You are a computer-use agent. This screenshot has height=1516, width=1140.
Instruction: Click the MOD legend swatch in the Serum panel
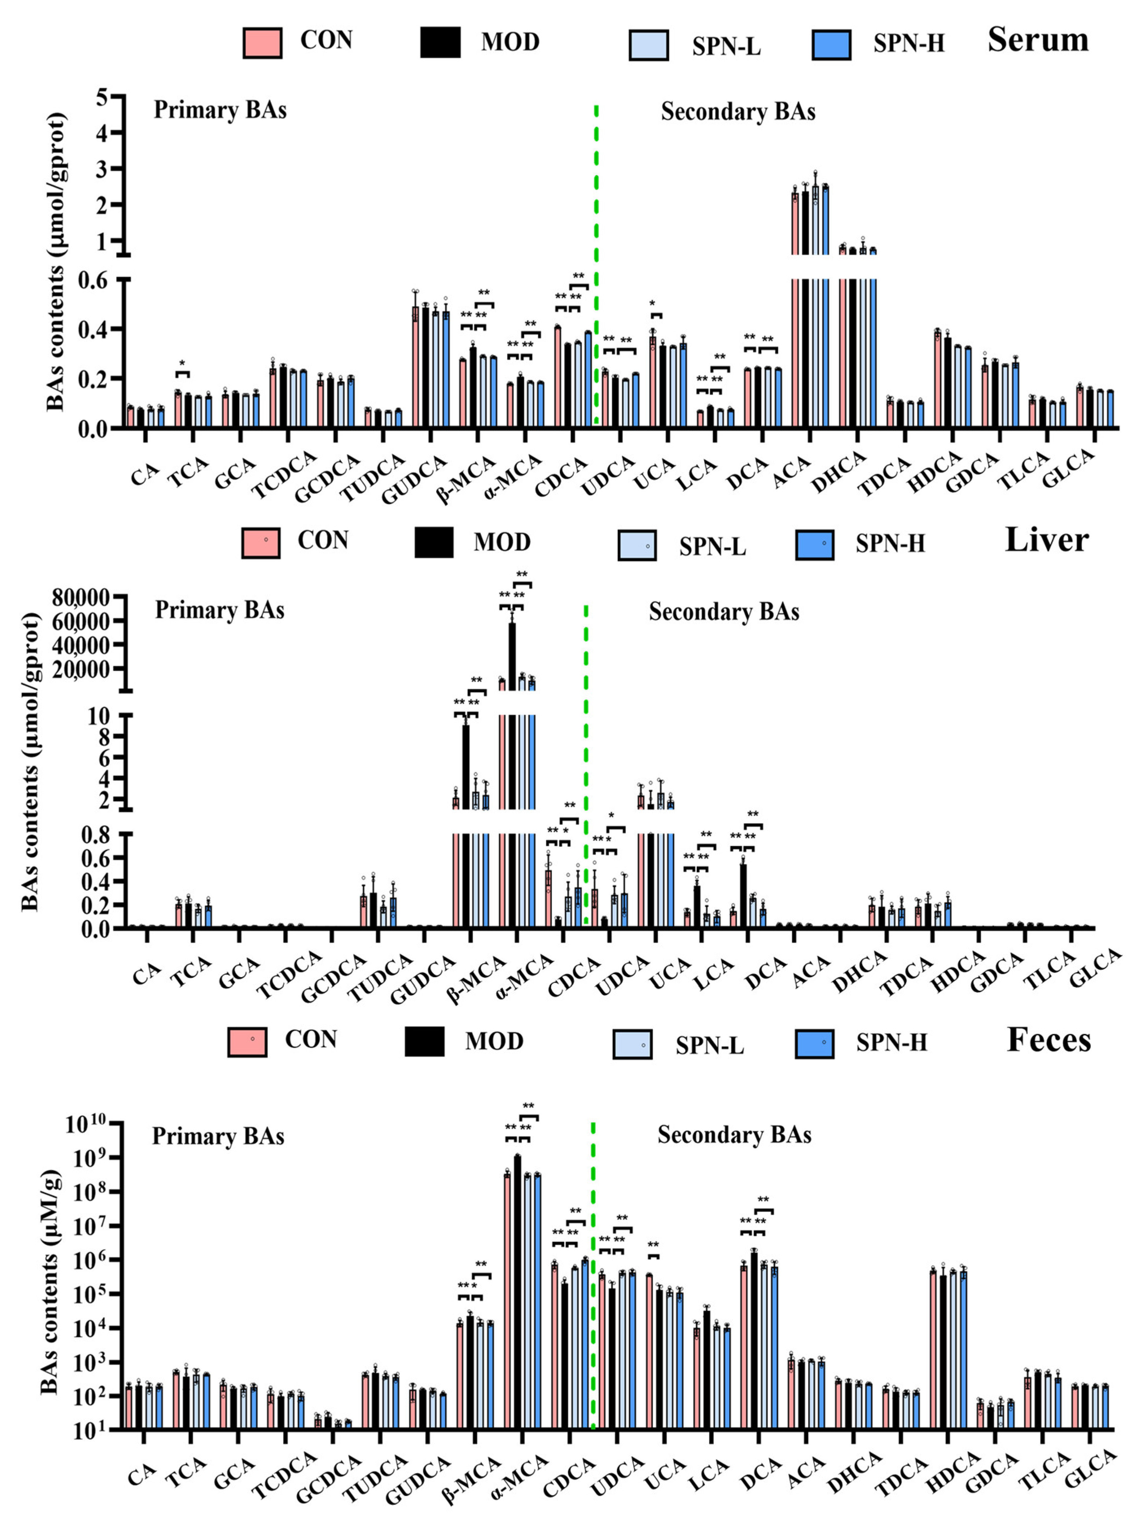click(440, 42)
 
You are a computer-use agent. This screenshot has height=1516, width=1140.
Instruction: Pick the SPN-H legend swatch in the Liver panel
click(815, 545)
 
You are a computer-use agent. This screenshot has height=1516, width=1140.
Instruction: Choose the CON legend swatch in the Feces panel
click(247, 1042)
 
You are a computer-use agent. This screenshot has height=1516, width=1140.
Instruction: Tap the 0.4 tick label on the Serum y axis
click(104, 329)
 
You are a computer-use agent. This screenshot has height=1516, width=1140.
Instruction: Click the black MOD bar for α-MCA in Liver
click(512, 754)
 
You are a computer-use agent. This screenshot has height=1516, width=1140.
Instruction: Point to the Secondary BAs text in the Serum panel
click(738, 112)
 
